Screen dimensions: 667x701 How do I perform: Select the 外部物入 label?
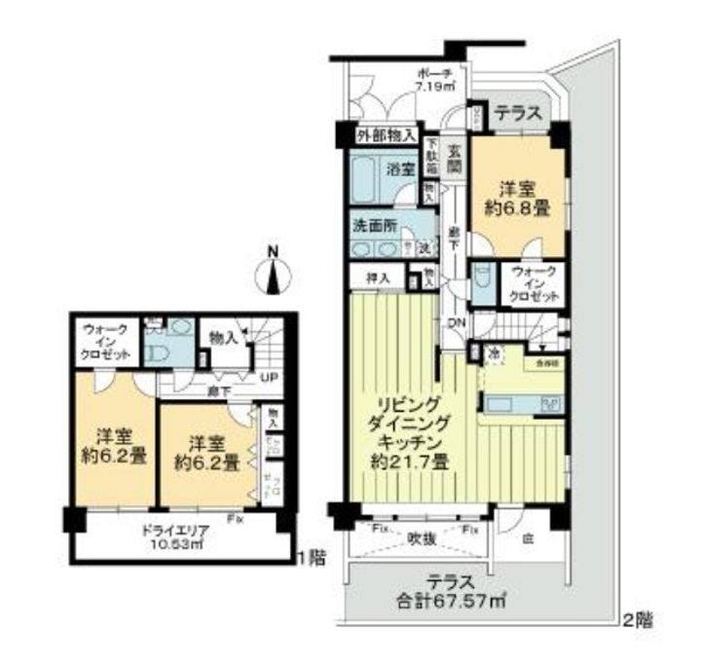click(x=387, y=135)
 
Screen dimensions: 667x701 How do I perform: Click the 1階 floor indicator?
click(x=311, y=559)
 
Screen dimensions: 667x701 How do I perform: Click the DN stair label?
click(x=455, y=325)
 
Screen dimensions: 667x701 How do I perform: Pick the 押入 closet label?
click(x=378, y=278)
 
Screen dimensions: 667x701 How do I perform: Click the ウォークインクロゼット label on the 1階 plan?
click(x=105, y=343)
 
